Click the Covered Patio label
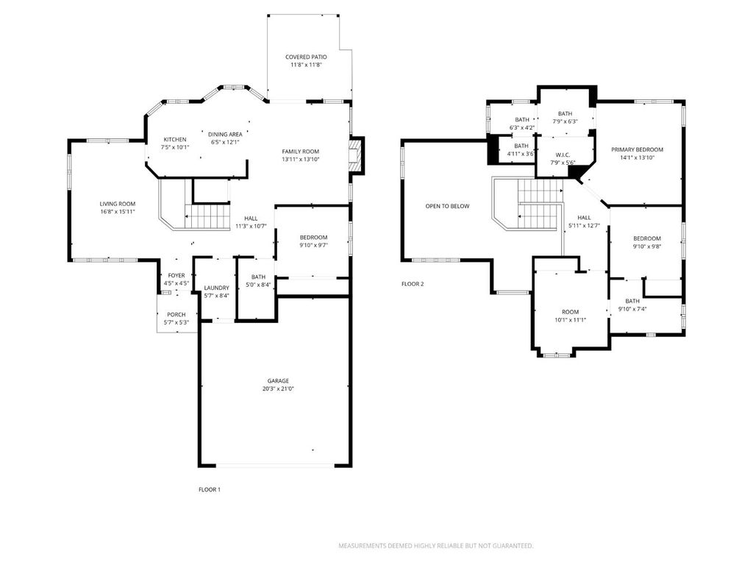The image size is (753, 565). [306, 57]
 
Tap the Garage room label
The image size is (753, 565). [278, 381]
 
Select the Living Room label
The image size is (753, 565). [118, 204]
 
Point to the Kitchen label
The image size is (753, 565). [175, 139]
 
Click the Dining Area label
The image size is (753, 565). [225, 135]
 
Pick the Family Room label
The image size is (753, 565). [301, 152]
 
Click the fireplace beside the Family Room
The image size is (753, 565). [355, 156]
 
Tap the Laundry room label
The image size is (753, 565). [217, 288]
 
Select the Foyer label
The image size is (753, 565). [176, 276]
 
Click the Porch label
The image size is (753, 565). [176, 315]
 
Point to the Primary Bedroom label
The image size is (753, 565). [637, 149]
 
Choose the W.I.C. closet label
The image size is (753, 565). [563, 154]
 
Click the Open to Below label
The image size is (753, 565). [447, 206]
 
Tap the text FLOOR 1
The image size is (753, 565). [210, 489]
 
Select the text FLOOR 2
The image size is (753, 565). [413, 284]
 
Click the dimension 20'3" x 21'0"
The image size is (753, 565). [278, 388]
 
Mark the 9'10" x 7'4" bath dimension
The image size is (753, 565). [632, 309]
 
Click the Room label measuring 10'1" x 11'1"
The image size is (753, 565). [571, 312]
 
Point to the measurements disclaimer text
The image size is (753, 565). [436, 546]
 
